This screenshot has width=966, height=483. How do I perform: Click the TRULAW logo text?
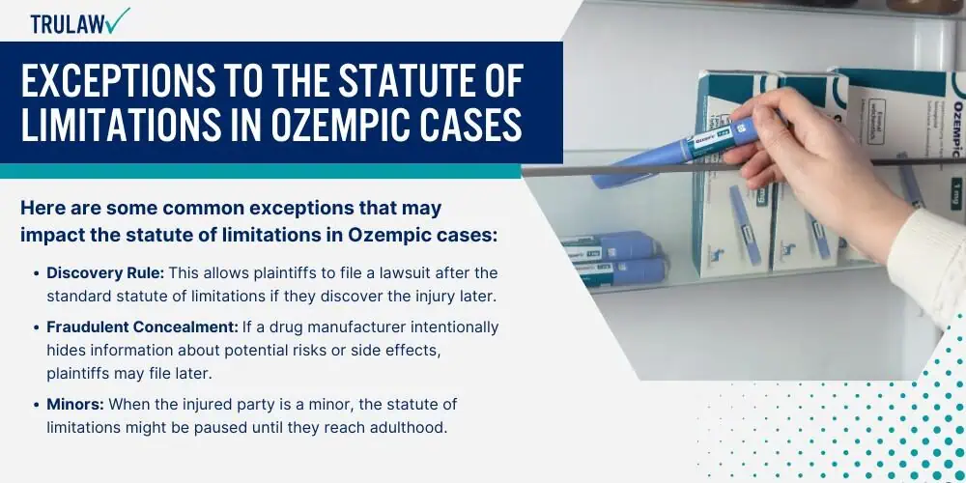pos(67,24)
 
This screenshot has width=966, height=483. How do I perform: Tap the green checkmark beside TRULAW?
pos(117,20)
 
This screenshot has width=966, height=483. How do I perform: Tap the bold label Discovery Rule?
pos(105,273)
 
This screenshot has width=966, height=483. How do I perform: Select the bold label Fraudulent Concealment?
pos(142,327)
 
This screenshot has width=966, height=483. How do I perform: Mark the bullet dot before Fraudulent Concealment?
pos(37,328)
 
